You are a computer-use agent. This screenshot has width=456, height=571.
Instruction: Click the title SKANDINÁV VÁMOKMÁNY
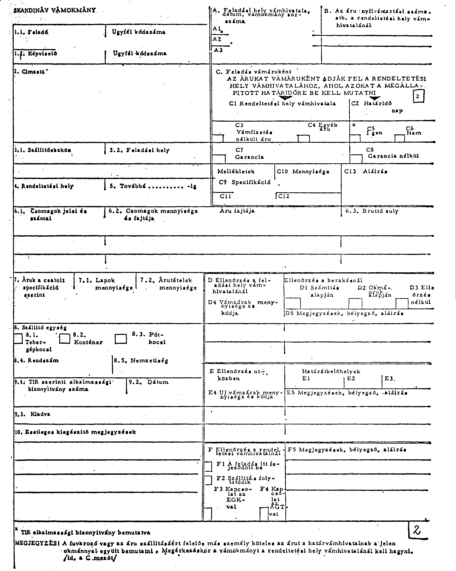pyautogui.click(x=54, y=11)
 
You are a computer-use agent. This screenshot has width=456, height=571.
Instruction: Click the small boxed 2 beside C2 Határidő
pyautogui.click(x=418, y=96)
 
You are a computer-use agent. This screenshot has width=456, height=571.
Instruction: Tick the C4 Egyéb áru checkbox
pyautogui.click(x=303, y=139)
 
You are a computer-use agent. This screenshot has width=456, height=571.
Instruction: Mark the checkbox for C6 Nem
pyautogui.click(x=399, y=139)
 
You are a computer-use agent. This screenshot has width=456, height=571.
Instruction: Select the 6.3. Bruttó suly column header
pyautogui.click(x=372, y=211)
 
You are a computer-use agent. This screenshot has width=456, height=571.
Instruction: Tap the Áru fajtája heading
pyautogui.click(x=237, y=211)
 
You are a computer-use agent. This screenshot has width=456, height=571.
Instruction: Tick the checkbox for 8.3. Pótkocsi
pyautogui.click(x=121, y=339)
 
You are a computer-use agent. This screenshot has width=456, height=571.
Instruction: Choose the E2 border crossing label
pyautogui.click(x=351, y=379)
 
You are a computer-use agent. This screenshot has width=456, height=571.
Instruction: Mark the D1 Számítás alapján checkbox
pyautogui.click(x=293, y=303)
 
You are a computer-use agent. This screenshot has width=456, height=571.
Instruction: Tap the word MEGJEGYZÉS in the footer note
pyautogui.click(x=36, y=543)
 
